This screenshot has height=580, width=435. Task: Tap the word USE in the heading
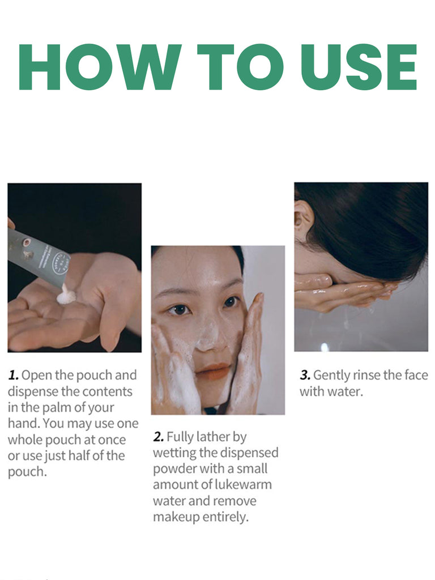359,67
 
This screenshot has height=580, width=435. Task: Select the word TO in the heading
240,67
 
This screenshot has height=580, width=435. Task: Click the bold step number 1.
14,376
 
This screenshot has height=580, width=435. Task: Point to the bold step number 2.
159,437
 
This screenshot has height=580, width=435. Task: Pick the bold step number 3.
305,376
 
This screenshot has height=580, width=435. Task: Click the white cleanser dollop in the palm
66,296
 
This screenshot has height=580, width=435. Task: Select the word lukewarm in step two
244,484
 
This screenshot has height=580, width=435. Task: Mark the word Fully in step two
180,437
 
